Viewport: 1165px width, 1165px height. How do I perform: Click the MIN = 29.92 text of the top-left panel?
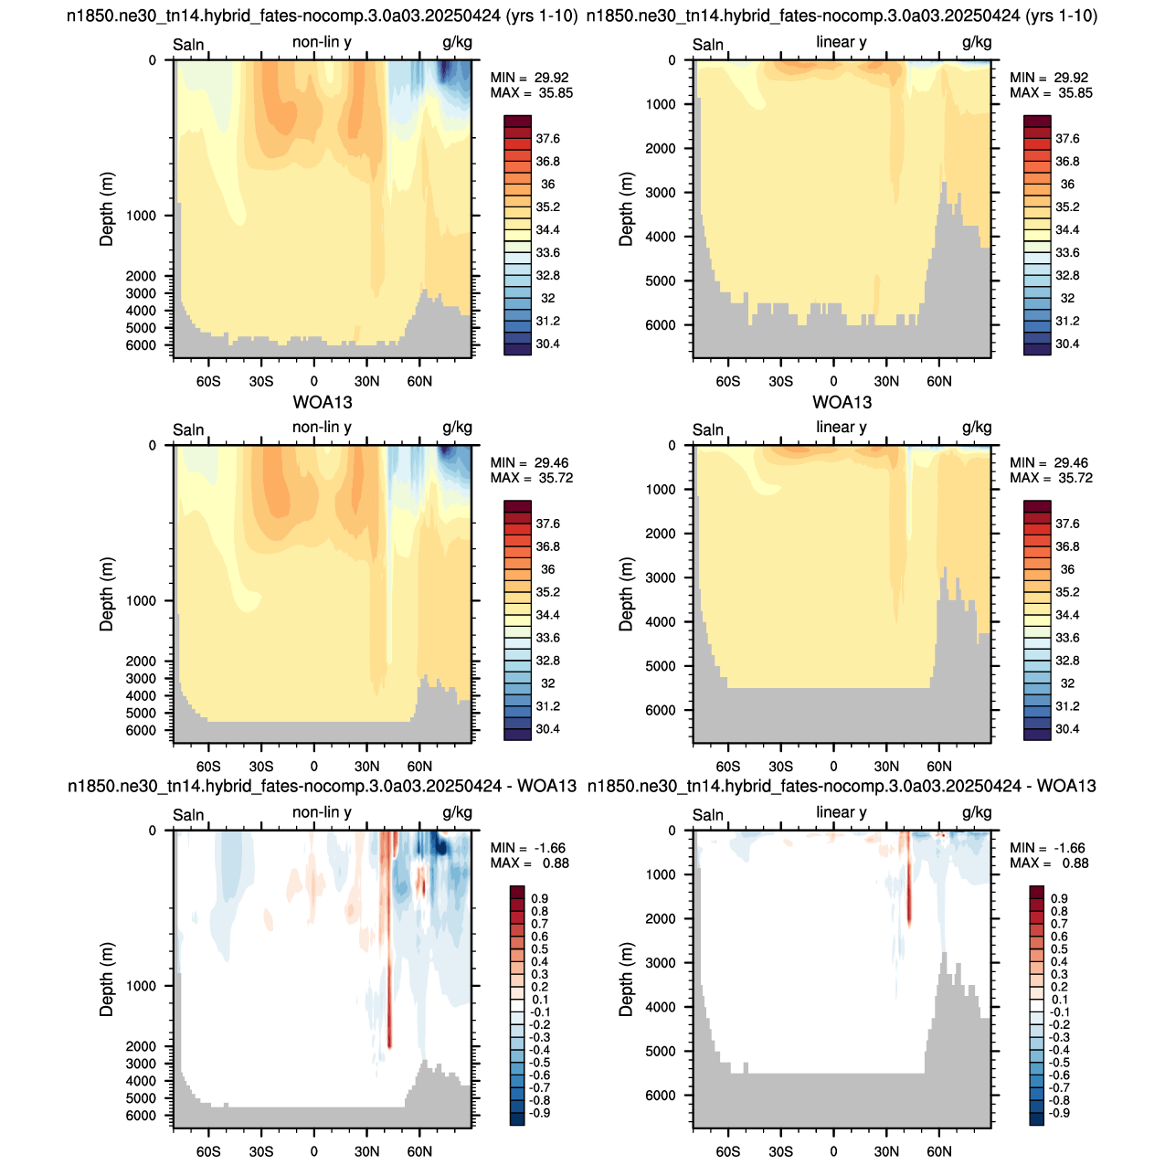(x=529, y=78)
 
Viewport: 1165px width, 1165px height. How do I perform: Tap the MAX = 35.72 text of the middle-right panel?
(x=1051, y=478)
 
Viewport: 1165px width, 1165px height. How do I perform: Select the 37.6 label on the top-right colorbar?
(x=1067, y=139)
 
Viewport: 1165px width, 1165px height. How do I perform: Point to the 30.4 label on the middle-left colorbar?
(x=547, y=728)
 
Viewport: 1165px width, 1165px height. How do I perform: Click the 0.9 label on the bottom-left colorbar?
(x=539, y=898)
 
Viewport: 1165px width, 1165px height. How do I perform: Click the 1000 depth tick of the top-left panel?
(x=141, y=216)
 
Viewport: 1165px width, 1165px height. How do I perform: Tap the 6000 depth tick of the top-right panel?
(x=661, y=324)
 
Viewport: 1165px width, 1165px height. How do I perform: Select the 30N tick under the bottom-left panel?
(x=367, y=1151)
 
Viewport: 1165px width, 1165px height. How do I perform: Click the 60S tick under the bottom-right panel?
(x=728, y=1151)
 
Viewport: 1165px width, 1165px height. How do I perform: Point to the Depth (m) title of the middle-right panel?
(x=626, y=594)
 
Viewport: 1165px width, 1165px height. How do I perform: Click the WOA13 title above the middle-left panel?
(x=323, y=402)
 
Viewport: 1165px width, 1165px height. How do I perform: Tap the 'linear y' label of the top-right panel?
(x=841, y=42)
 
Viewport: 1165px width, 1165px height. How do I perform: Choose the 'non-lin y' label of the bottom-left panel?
(x=322, y=812)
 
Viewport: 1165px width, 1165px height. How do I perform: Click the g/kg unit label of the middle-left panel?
(x=457, y=428)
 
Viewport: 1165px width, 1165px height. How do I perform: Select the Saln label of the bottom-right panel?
(x=708, y=815)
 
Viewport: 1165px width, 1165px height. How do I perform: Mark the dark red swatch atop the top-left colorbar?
(x=517, y=121)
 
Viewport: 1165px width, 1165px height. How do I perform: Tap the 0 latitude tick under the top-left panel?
(x=313, y=382)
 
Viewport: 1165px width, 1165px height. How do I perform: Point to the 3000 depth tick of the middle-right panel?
(x=661, y=577)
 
